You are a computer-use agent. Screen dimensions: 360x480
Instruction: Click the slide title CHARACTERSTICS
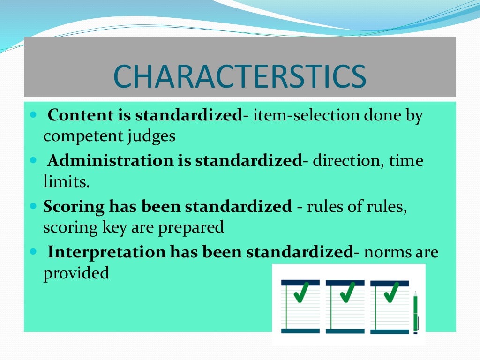(x=240, y=76)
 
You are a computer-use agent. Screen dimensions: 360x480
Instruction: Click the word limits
(x=66, y=182)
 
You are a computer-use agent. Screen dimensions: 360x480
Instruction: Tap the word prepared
(x=191, y=228)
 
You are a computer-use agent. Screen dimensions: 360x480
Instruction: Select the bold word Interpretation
(x=106, y=252)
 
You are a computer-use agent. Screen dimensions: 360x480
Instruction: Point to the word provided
(x=76, y=273)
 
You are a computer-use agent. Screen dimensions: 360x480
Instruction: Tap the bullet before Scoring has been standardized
(x=33, y=206)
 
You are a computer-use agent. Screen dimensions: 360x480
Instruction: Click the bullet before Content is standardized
(x=33, y=115)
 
